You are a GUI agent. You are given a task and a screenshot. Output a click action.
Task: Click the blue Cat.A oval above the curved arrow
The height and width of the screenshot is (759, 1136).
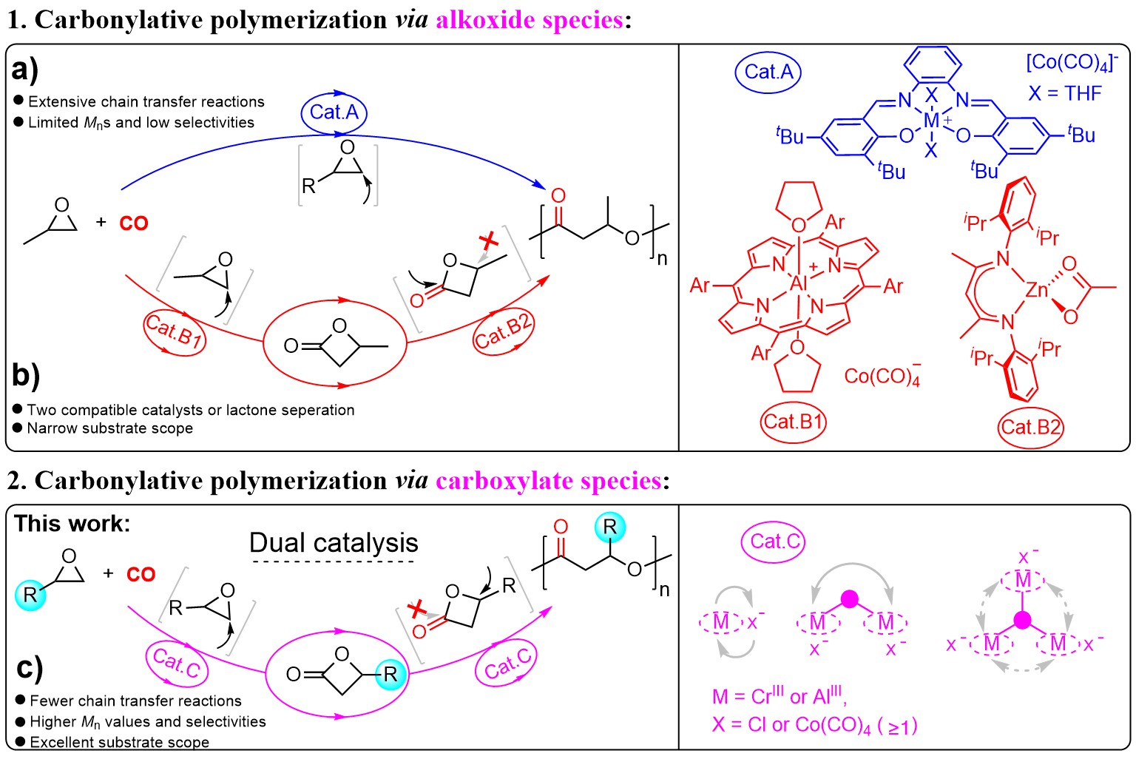pyautogui.click(x=334, y=112)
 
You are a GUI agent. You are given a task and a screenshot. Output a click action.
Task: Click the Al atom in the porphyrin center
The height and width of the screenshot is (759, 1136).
pyautogui.click(x=799, y=283)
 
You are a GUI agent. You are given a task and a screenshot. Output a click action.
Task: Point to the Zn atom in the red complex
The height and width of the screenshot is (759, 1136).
pyautogui.click(x=1037, y=290)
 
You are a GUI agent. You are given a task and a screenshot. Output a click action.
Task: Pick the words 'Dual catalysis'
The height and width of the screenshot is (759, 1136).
pyautogui.click(x=334, y=543)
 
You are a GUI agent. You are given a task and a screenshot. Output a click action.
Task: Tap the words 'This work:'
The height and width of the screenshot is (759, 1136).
pyautogui.click(x=72, y=524)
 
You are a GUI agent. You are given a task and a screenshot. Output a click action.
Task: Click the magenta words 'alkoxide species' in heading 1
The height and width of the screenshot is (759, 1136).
pyautogui.click(x=530, y=20)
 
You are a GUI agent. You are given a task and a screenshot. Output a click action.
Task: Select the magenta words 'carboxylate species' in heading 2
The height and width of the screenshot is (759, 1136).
pyautogui.click(x=548, y=481)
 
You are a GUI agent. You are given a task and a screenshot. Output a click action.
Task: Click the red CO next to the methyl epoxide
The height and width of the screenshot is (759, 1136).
pyautogui.click(x=134, y=223)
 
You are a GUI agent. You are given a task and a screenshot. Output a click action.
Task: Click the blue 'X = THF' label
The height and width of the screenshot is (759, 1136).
pyautogui.click(x=1065, y=93)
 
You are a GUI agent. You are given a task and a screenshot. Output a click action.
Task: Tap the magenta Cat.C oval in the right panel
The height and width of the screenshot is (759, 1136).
pyautogui.click(x=774, y=542)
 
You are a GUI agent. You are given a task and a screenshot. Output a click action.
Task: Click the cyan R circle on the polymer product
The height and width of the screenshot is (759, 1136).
pyautogui.click(x=609, y=527)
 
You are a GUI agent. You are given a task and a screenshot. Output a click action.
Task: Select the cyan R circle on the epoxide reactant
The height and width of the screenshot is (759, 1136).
pyautogui.click(x=30, y=593)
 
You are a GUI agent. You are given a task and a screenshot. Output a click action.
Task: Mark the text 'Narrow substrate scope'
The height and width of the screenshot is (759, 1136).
pyautogui.click(x=109, y=428)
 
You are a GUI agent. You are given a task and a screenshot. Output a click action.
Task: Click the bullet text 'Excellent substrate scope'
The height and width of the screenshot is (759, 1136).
pyautogui.click(x=119, y=742)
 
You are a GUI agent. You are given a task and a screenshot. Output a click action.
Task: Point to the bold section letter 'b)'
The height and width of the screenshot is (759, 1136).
pyautogui.click(x=26, y=375)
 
